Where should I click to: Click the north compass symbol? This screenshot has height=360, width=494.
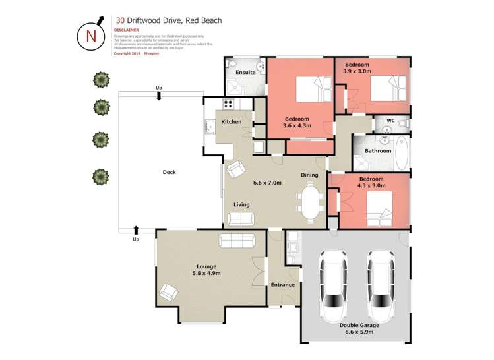tap(91, 35)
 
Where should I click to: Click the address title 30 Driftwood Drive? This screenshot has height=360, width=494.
tap(168, 20)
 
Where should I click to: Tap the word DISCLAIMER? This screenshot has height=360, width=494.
tap(127, 30)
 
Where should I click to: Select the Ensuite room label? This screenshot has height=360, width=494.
tap(247, 72)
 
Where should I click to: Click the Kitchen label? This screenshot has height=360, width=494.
tap(231, 121)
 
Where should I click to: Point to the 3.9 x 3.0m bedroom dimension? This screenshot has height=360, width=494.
tap(357, 73)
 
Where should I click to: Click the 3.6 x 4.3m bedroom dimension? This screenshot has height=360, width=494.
tap(296, 126)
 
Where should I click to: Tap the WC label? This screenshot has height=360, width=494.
tap(390, 121)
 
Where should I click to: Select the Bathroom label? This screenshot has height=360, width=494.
tap(378, 150)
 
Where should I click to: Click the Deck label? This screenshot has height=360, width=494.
tap(169, 173)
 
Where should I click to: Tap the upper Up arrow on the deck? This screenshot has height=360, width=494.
tap(159, 96)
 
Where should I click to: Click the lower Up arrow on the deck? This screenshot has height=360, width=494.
tap(136, 230)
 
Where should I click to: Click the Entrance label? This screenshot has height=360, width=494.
tap(283, 284)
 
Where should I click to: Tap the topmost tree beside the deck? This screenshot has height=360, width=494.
tap(100, 80)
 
